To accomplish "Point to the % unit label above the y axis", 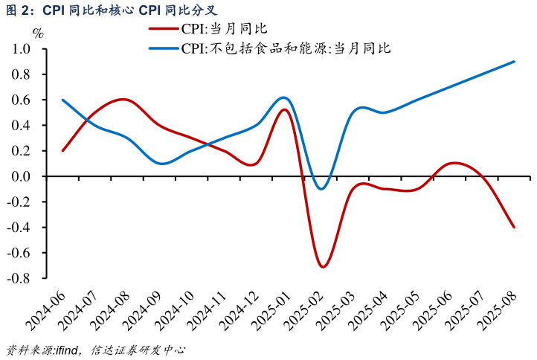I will (38, 33).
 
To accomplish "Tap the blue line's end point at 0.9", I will (514, 62).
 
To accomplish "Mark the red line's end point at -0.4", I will (514, 227).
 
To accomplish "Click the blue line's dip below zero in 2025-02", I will (321, 189).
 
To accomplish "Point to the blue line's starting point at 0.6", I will (62, 100).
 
